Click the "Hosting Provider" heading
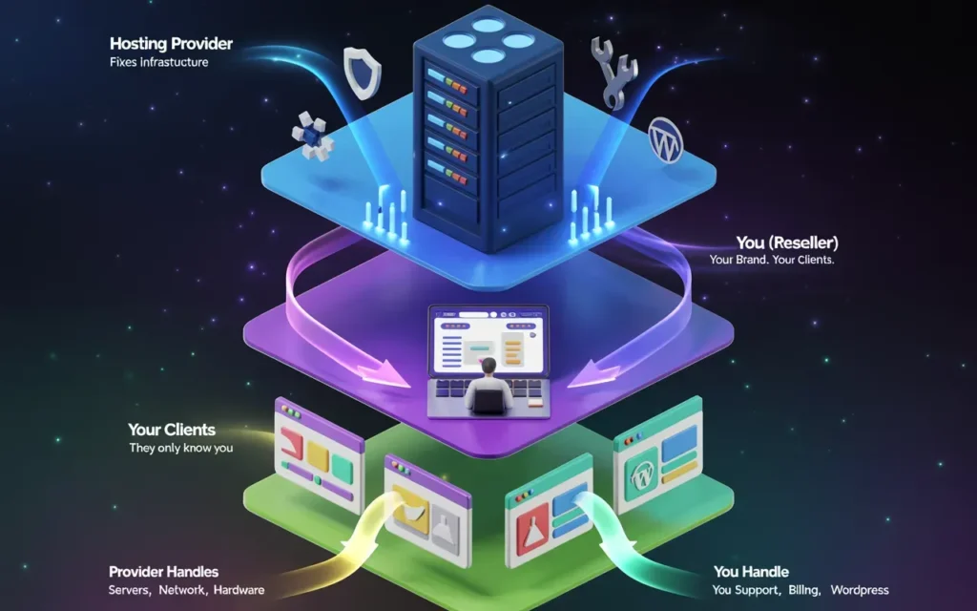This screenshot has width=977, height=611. coord(171,44)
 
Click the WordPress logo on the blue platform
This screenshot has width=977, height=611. coord(665,139)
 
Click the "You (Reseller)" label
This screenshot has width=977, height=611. coord(787,242)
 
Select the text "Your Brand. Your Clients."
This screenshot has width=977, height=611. coord(772,260)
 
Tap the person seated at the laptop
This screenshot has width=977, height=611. coord(488,388)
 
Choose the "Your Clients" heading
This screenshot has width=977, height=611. coord(172,430)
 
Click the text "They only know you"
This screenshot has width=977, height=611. coord(181,448)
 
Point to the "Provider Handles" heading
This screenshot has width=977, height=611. coord(163,571)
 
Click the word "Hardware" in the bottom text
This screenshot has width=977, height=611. coord(239,590)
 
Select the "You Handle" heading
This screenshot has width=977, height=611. coord(751,571)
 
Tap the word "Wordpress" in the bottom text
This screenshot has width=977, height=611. coord(856,590)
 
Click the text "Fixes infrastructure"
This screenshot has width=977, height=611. coord(159,63)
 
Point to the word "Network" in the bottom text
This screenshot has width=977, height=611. coord(183,590)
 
